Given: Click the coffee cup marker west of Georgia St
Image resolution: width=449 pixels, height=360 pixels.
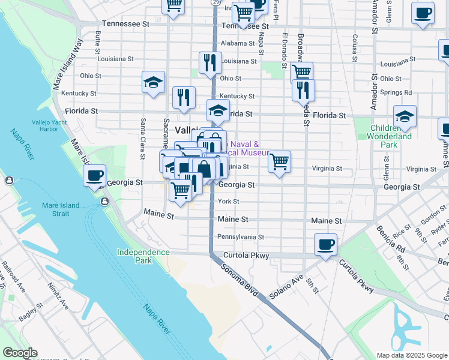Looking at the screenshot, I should tap(94, 176).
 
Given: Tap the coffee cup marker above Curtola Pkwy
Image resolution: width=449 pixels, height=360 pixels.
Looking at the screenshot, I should tap(325, 244).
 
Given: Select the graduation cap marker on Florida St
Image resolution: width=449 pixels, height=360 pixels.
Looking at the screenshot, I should tap(218, 110).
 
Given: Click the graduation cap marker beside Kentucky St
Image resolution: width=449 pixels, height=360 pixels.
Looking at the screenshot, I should tap(153, 82).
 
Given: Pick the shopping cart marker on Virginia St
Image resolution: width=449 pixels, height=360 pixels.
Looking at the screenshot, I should tap(279, 161).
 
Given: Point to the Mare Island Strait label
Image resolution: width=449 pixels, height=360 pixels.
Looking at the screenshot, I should tap(61, 209).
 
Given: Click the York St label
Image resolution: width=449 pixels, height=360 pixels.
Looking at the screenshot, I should tap(229, 202).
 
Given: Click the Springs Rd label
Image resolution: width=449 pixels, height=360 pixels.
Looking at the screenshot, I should tap(400, 93).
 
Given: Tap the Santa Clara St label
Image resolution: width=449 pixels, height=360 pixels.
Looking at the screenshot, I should tap(143, 138).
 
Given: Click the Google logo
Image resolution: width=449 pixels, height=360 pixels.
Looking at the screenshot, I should tap(20, 353).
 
